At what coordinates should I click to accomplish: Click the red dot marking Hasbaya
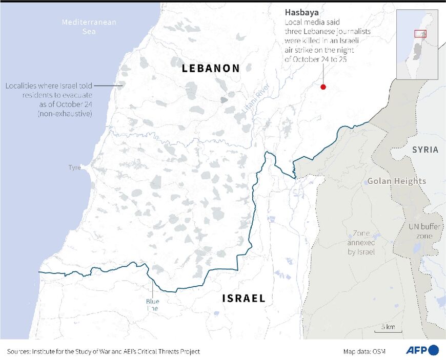(323, 87)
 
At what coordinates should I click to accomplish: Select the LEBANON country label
(211, 68)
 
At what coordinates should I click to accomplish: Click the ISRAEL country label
(244, 298)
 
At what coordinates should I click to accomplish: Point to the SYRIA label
(425, 150)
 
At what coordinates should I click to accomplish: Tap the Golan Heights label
(396, 181)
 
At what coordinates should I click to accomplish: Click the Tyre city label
(75, 167)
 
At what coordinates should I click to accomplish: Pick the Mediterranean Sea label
(89, 27)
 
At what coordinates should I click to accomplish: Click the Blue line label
(152, 305)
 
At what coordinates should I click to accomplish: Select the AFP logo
(422, 350)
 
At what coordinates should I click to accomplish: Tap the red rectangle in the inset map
(420, 34)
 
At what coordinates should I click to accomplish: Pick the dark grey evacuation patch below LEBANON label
(224, 100)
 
